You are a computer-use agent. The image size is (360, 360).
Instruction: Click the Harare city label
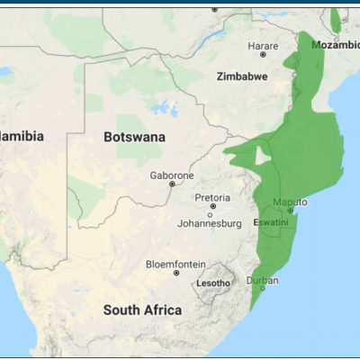point(263,45)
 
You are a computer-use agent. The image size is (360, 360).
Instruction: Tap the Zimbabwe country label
point(242,77)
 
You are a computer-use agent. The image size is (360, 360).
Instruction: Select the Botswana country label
point(134,137)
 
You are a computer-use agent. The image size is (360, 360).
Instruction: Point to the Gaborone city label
point(171,174)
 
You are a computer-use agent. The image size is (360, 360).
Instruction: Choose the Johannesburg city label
point(211,223)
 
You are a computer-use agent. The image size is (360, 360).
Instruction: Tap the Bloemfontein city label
point(175,265)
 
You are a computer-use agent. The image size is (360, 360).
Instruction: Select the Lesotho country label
point(213,284)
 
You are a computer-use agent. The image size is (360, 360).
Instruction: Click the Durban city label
point(263,280)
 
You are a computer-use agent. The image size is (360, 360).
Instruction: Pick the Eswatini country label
point(271,221)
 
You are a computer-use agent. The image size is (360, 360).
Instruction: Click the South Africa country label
point(142,310)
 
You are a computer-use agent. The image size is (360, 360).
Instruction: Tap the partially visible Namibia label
point(22,136)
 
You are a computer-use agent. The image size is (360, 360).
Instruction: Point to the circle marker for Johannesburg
point(211,214)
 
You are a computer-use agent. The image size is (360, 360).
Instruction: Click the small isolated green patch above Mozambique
point(336,20)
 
